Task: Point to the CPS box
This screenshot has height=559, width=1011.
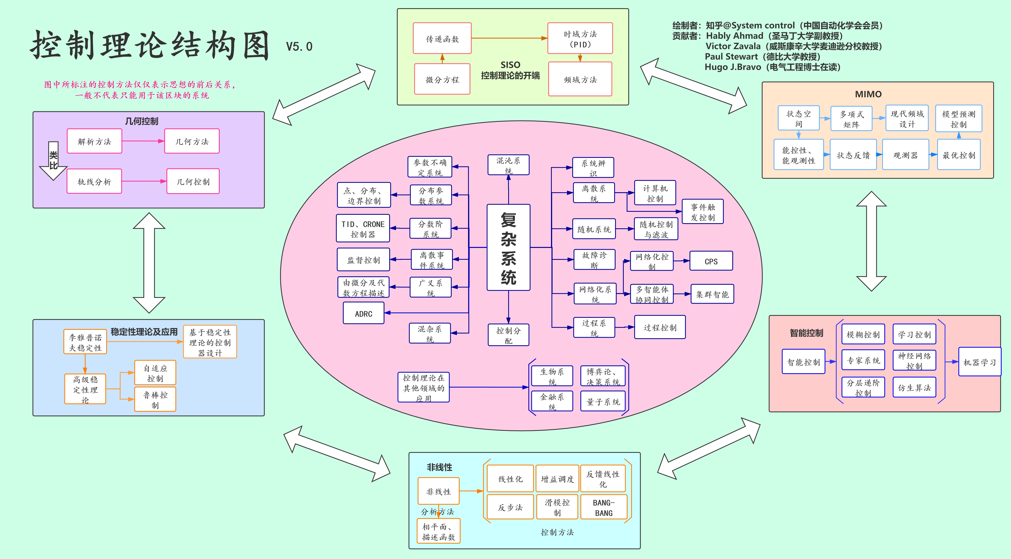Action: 711,261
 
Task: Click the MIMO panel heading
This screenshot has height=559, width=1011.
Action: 868,94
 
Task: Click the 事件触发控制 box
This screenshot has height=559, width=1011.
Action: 703,212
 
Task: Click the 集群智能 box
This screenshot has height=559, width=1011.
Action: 712,294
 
